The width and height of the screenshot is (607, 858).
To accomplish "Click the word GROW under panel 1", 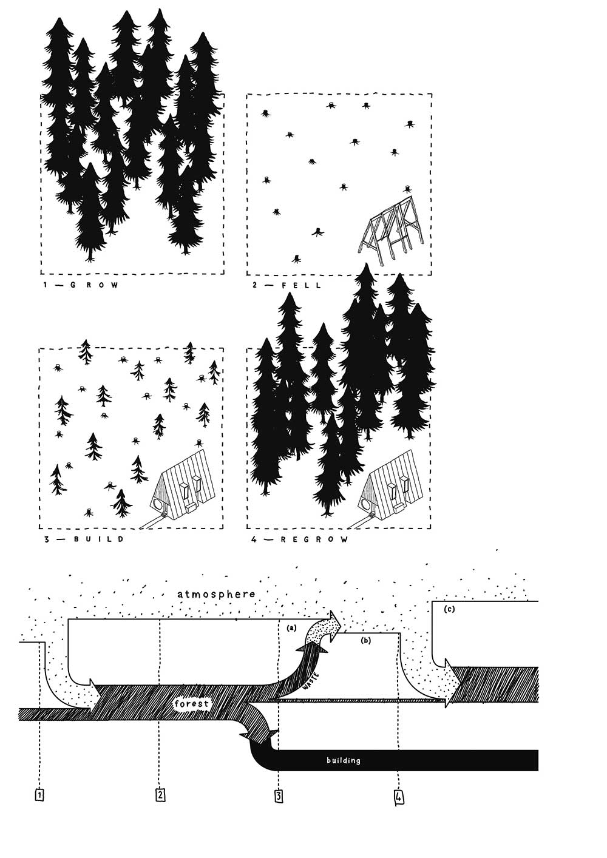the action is pos(95,285).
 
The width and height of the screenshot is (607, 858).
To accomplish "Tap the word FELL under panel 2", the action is pos(301,285).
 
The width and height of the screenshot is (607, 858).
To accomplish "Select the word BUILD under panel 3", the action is pos(99,539).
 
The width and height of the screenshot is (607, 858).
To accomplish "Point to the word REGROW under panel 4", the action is pos(314,539).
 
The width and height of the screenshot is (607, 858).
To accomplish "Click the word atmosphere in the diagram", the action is pos(216,594).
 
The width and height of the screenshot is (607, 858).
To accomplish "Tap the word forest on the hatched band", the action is pos(192,704).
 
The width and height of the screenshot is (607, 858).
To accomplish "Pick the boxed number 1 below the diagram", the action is pos(39,795).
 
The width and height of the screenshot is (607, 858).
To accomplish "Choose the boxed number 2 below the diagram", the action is pos(161,795).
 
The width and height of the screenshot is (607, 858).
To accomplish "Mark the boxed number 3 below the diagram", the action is pos(279,796).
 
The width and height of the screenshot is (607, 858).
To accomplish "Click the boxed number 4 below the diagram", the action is pos(399,797).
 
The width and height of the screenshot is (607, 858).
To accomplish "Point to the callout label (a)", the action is pos(292,628).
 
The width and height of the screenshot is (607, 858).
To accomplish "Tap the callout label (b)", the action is pos(366,640).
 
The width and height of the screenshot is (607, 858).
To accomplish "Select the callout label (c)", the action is pos(449,609).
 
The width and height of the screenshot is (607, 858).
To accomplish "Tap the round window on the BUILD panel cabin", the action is pos(157,503).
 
